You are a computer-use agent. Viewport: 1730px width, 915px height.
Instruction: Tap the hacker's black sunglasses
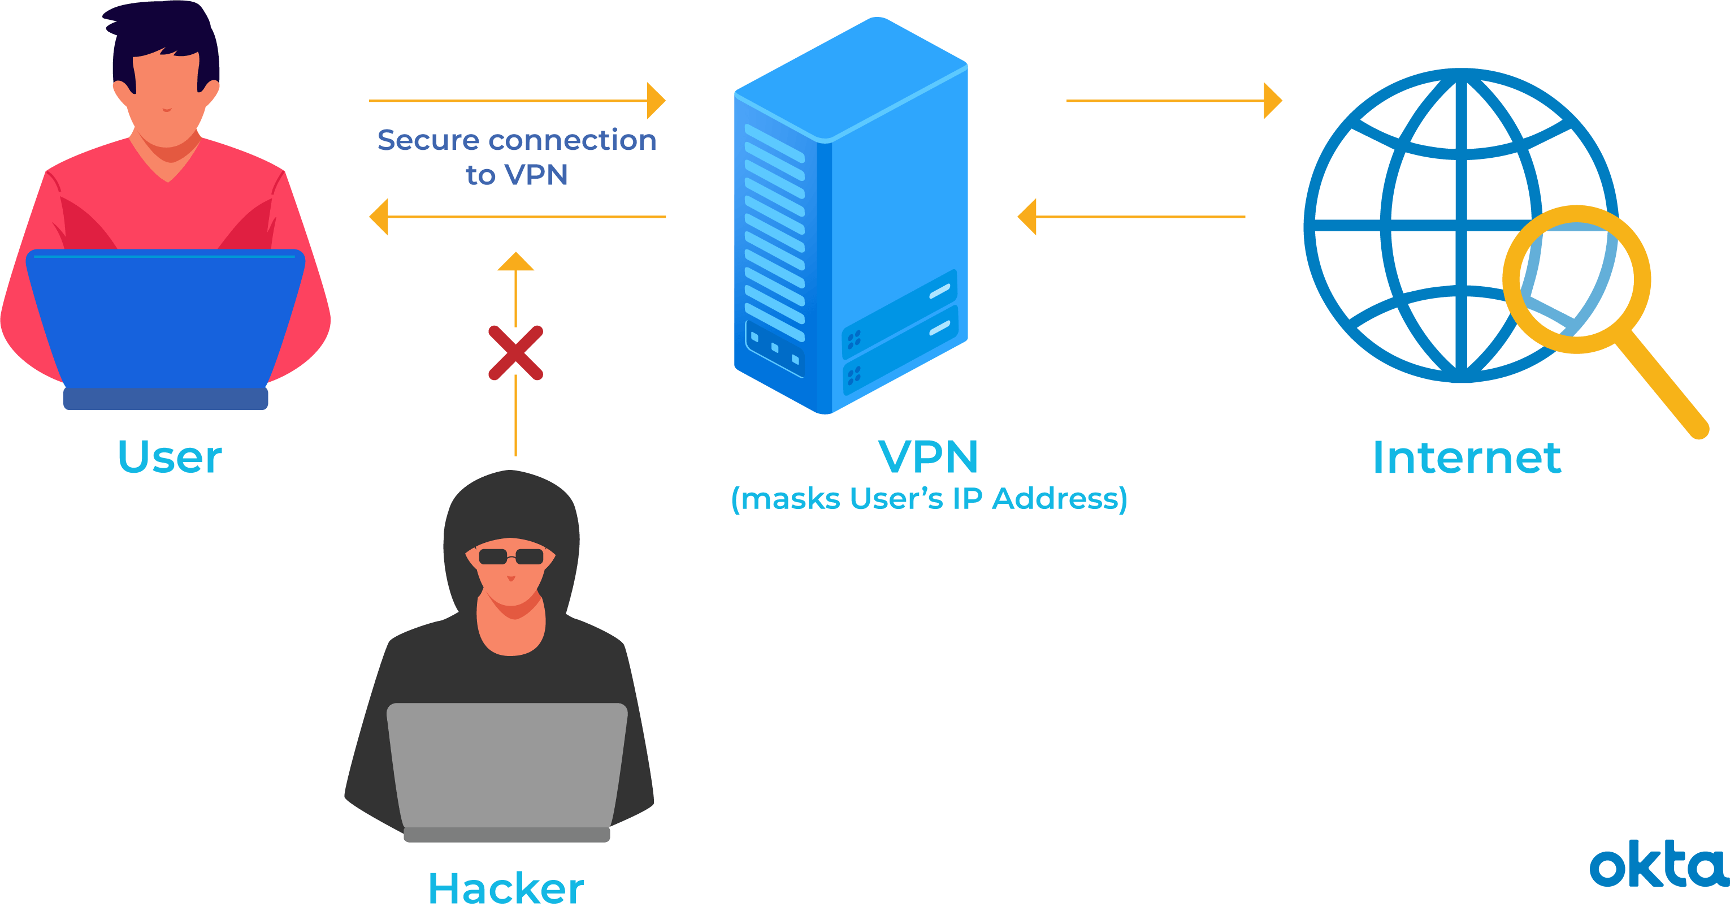510,556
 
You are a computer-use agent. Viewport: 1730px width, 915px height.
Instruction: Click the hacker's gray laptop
507,766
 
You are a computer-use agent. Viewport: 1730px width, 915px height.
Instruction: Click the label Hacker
506,888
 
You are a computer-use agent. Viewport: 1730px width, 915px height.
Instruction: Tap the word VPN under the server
928,457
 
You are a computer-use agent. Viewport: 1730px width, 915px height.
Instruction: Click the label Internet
1467,458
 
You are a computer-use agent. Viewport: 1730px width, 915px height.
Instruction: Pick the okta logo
1658,868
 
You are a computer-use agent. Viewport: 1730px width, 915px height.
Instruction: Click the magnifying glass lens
1576,279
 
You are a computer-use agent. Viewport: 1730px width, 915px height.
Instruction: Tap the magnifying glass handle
1662,386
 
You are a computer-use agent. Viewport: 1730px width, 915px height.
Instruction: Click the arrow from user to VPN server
517,101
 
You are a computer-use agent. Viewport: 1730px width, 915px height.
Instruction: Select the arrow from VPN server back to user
517,217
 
